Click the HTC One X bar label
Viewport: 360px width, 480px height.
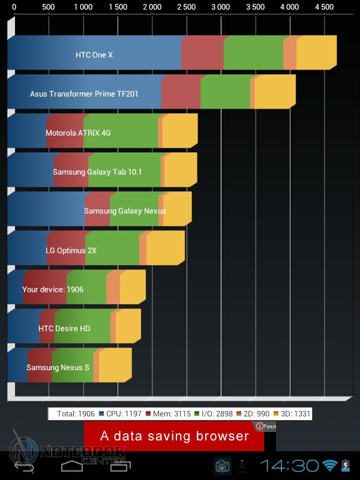94,55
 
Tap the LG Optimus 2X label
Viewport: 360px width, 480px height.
71,250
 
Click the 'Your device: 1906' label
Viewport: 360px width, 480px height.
53,289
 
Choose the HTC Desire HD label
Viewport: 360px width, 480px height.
64,328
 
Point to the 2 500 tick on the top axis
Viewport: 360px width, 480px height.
187,7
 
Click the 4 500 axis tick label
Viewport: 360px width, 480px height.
325,7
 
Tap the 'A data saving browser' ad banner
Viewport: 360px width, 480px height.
174,436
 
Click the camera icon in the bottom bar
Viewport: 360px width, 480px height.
222,466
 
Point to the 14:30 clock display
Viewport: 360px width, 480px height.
289,466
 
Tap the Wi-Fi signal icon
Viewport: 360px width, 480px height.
329,466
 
